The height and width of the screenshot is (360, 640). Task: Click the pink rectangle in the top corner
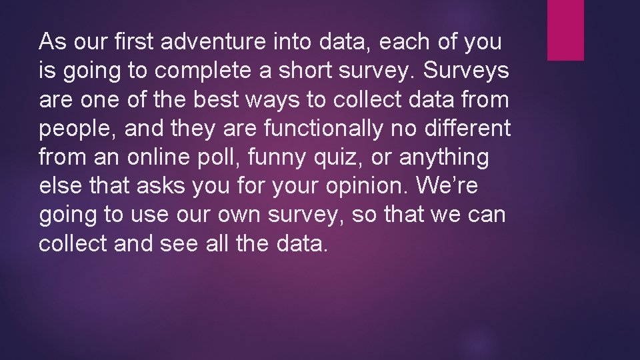(x=565, y=30)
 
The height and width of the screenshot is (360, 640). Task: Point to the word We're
(x=447, y=186)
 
